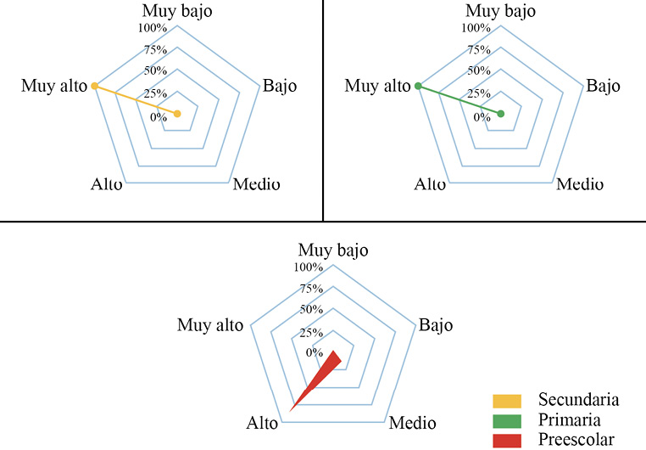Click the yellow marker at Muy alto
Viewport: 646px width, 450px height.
point(95,87)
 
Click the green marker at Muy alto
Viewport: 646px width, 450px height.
point(418,87)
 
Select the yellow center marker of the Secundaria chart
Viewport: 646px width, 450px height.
point(177,114)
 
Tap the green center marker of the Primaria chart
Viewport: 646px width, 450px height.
point(500,114)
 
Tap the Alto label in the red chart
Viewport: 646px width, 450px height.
point(262,422)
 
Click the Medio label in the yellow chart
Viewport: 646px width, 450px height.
point(257,184)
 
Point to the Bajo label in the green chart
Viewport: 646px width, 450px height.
point(604,86)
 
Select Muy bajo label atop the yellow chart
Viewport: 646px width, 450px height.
point(177,11)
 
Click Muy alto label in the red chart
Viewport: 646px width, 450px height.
point(211,325)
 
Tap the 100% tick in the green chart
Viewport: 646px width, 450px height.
point(476,28)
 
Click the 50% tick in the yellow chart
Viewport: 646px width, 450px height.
point(156,70)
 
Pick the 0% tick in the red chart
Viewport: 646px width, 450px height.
point(315,352)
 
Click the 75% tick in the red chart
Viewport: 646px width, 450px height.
point(311,289)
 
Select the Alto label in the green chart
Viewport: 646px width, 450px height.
point(430,184)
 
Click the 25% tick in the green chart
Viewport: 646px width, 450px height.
point(479,93)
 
